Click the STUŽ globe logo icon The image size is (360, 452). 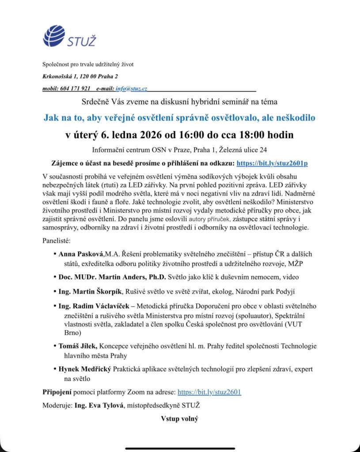point(54,36)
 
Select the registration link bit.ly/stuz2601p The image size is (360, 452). point(272,163)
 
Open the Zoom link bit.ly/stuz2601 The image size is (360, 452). point(209,392)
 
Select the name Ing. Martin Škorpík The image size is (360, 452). point(91,291)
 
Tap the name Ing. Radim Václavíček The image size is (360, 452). point(95,305)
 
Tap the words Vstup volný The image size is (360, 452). point(179,418)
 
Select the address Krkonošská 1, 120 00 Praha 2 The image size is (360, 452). point(80,76)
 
